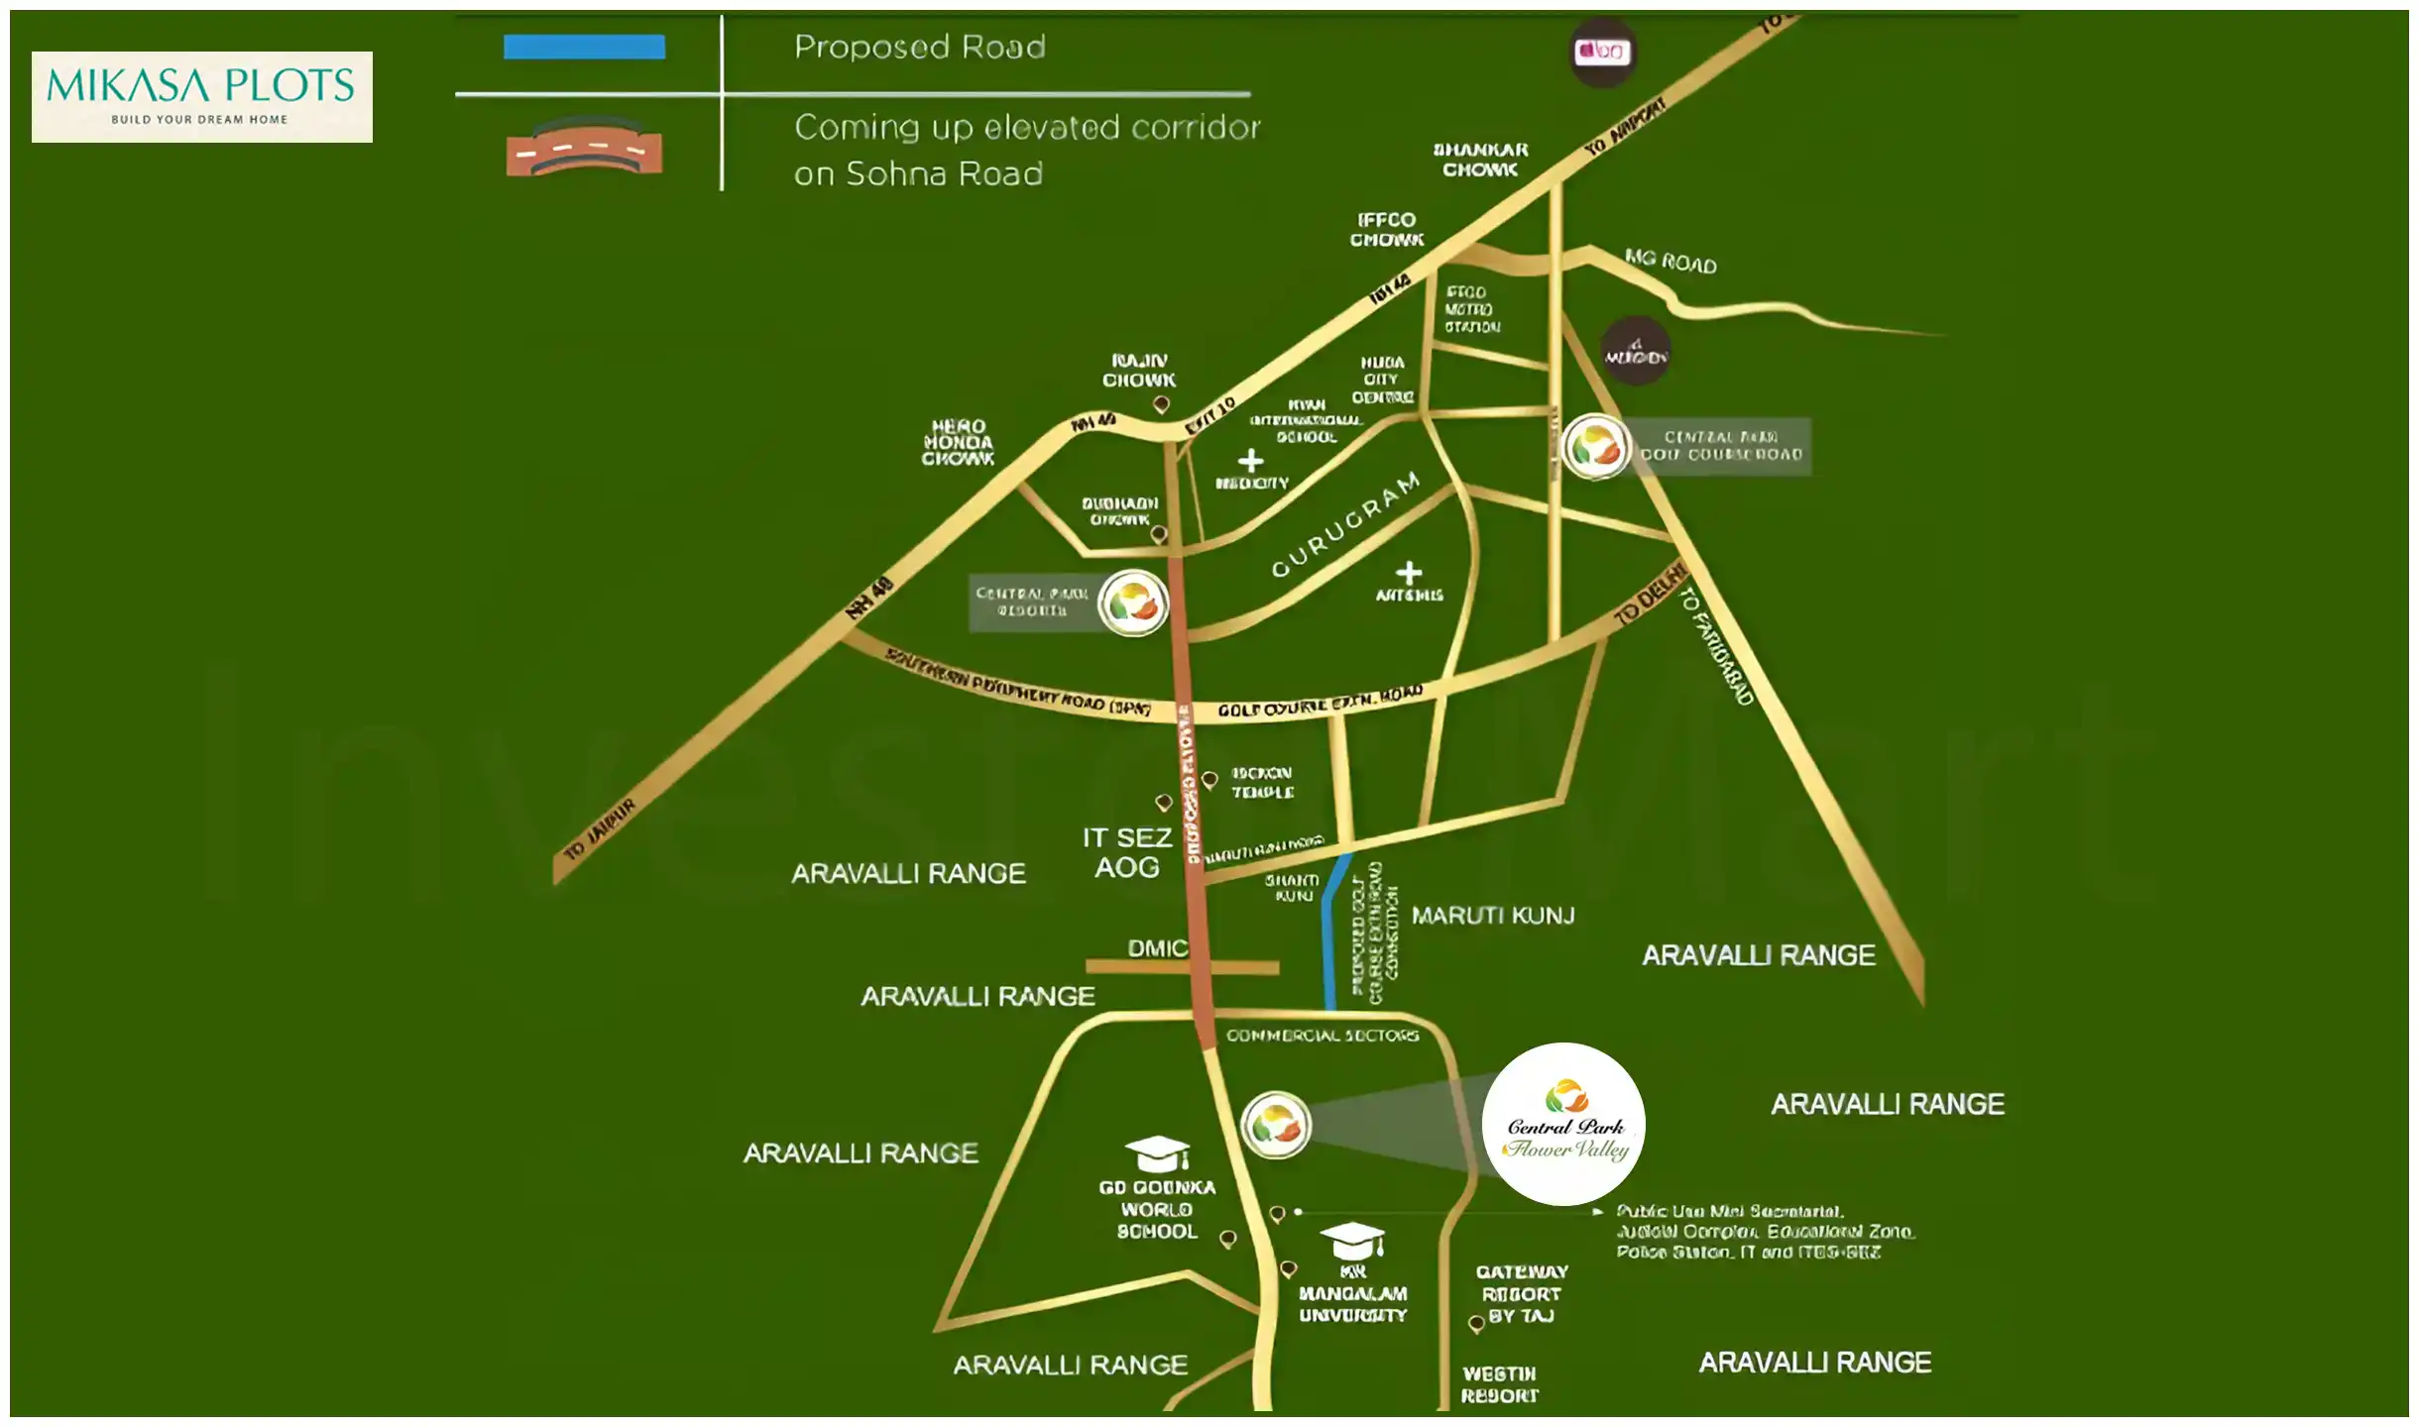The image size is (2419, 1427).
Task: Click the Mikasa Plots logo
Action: coord(201,96)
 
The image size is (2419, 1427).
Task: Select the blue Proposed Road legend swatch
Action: coord(584,47)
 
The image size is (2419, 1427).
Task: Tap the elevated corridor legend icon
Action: coord(584,149)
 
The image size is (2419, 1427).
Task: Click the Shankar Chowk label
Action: coord(1480,160)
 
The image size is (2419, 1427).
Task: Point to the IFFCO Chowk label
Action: coord(1386,230)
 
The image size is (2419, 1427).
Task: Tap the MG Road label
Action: coord(1670,262)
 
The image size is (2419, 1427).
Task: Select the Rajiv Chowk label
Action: coord(1139,371)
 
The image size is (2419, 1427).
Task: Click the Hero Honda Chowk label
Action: coord(958,442)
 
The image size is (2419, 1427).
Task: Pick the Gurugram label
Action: coord(1345,524)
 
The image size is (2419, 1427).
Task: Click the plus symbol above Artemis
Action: coord(1409,573)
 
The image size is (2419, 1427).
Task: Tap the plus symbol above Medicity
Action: coord(1251,460)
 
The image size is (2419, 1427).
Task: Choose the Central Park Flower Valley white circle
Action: coord(1563,1124)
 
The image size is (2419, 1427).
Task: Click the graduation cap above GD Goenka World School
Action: coord(1157,1153)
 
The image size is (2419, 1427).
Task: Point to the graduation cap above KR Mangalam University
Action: coord(1351,1240)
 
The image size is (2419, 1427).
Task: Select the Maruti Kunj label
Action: coord(1493,916)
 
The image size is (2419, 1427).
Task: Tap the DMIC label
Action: coord(1157,948)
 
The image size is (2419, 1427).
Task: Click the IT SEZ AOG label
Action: coord(1127,852)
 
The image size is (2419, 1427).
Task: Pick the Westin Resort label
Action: coord(1499,1384)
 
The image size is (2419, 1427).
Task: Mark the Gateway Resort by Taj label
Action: coord(1522,1293)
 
